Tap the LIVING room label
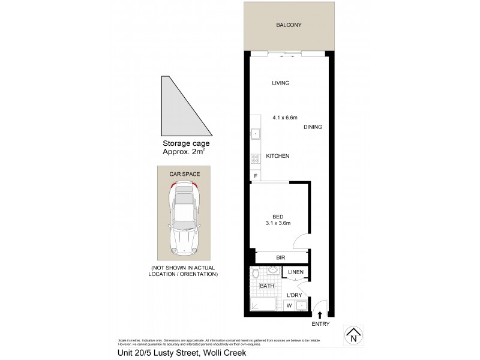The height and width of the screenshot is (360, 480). (x=280, y=83)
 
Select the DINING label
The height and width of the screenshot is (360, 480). (x=313, y=127)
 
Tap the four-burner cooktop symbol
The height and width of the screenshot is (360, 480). (x=255, y=158)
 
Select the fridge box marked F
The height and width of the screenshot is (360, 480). (x=256, y=175)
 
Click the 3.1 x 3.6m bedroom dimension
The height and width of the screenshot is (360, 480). (x=277, y=224)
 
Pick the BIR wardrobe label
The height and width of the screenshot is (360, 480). (x=280, y=257)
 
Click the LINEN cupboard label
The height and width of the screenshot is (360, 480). (x=295, y=272)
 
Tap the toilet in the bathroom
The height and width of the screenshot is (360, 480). (x=254, y=275)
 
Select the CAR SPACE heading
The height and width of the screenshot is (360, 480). (x=185, y=173)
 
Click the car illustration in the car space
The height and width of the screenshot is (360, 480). (x=185, y=219)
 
